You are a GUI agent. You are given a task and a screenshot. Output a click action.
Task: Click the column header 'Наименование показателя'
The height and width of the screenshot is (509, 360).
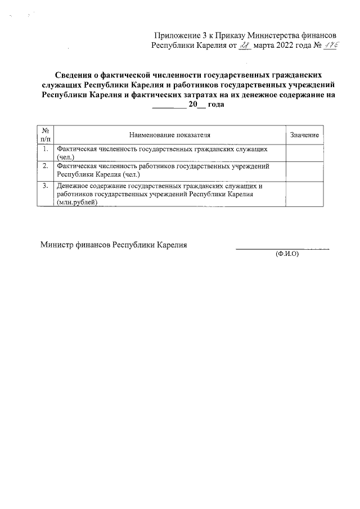[x=169, y=136]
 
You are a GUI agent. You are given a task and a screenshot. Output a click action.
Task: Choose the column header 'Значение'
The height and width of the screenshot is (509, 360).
[x=304, y=136]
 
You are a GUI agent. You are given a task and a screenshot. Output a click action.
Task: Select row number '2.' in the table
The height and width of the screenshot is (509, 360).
[x=45, y=166]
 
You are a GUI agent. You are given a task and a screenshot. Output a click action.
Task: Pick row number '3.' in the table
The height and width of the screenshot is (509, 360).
[x=45, y=185]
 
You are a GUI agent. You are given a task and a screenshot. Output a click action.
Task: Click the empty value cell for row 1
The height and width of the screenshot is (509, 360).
[x=304, y=153]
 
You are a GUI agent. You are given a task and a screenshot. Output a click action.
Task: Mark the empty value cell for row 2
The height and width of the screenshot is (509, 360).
[x=304, y=171]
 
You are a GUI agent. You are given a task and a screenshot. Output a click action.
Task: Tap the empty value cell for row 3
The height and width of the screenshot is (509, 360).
[x=304, y=195]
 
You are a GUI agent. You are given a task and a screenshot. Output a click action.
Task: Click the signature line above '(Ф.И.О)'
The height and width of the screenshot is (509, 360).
[x=281, y=248]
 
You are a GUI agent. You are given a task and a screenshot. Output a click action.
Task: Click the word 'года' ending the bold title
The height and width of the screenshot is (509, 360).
[x=216, y=105]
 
